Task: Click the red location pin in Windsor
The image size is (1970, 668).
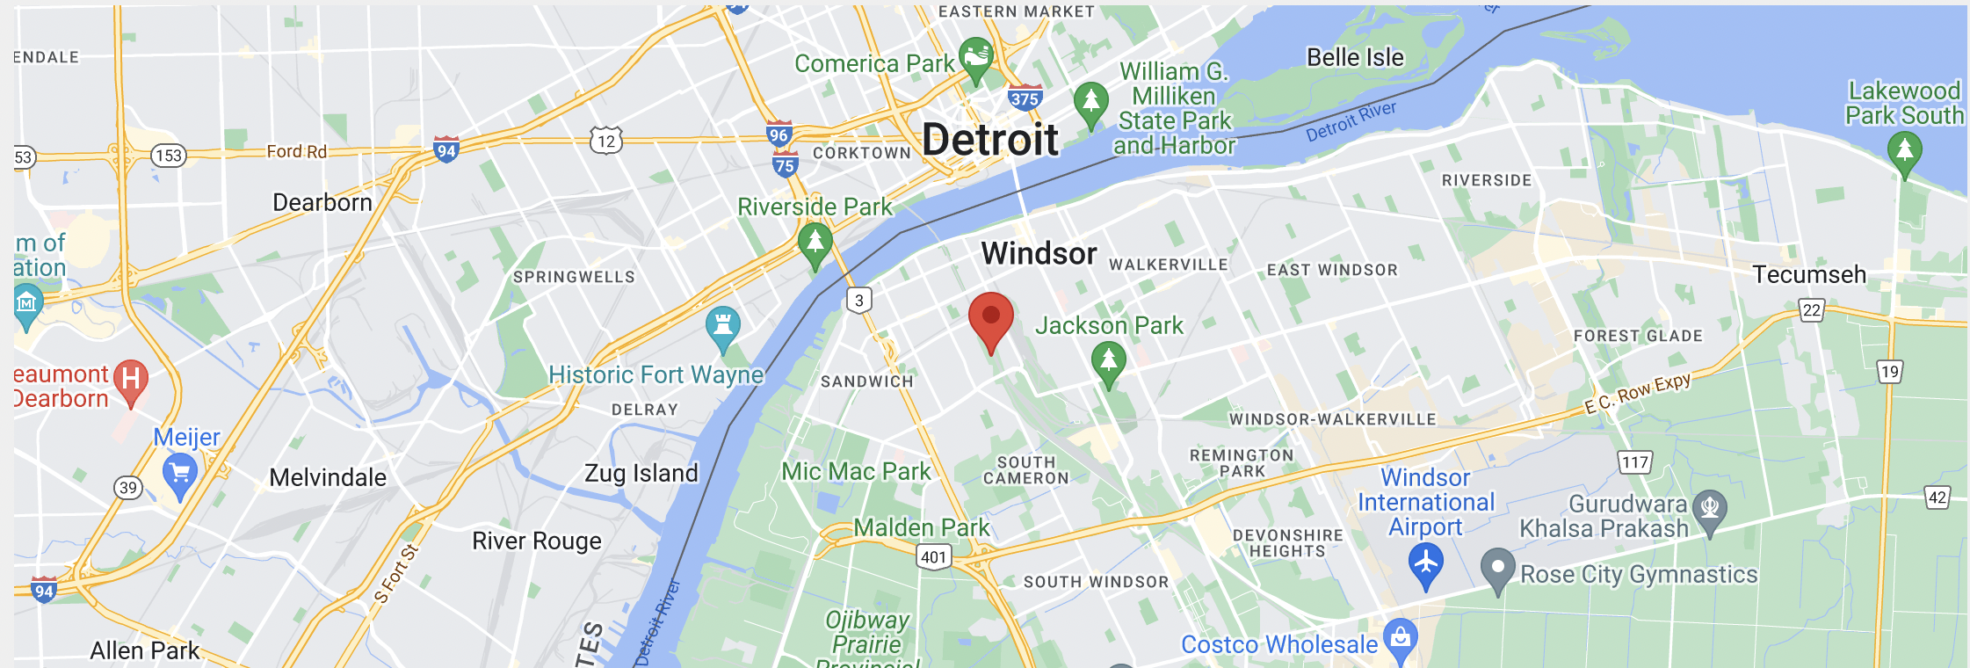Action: tap(991, 318)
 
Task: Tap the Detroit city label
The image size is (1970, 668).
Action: tap(990, 140)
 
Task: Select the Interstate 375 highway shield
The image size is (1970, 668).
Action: tap(1025, 98)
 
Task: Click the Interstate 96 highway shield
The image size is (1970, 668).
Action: tap(779, 134)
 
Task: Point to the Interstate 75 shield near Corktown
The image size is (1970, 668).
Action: tap(785, 164)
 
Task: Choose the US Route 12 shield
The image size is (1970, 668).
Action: tap(606, 141)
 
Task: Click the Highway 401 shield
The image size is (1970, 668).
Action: tap(933, 556)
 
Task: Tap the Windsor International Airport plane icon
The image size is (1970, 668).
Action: tap(1425, 563)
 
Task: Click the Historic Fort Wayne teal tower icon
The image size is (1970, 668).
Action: tap(723, 324)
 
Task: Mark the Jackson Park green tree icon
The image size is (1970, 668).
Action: tap(1109, 361)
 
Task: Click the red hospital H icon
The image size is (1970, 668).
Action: tap(131, 380)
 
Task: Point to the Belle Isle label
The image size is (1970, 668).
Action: tap(1355, 58)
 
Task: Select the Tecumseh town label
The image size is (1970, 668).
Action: tap(1809, 275)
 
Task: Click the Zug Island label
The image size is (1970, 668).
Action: tap(641, 474)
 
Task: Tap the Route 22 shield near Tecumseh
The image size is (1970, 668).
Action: tap(1811, 310)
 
